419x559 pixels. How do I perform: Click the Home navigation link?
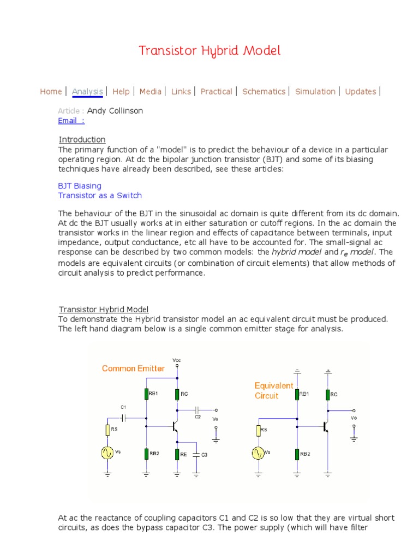[x=51, y=92]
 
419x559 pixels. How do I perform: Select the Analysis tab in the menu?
[x=87, y=92]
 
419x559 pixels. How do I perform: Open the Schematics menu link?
[x=264, y=92]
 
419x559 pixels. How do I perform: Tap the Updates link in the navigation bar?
[x=361, y=92]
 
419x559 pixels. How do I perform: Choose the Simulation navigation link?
[x=315, y=92]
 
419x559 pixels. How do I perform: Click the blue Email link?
[x=71, y=121]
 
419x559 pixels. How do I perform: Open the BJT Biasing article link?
[x=80, y=186]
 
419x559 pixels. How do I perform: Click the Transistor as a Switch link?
[x=100, y=195]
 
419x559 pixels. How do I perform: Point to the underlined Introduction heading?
[x=82, y=139]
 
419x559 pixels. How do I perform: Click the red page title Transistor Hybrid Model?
[x=209, y=51]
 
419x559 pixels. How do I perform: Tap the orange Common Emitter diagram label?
[x=133, y=368]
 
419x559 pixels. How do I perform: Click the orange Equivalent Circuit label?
[x=274, y=391]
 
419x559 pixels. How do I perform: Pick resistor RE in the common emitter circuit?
[x=177, y=454]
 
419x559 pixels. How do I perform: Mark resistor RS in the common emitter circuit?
[x=108, y=430]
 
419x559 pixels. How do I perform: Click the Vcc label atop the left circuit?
[x=177, y=361]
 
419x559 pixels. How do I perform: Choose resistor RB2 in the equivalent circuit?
[x=297, y=454]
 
